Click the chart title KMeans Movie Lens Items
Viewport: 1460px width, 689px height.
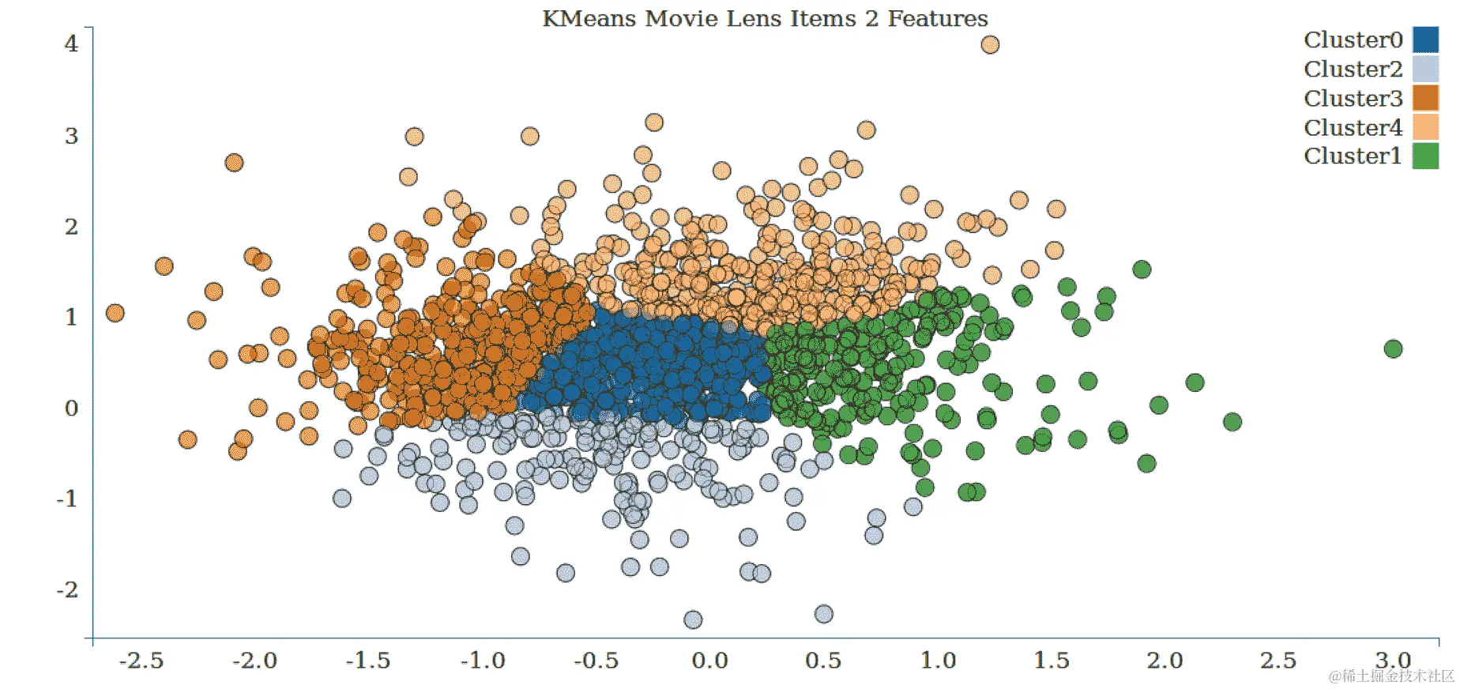click(764, 18)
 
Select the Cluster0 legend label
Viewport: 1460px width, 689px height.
click(1353, 40)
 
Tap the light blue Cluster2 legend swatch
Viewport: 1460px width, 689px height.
click(1425, 69)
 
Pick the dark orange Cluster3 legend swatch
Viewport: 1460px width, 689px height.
click(1425, 98)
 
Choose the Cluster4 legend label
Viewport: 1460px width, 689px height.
click(1353, 127)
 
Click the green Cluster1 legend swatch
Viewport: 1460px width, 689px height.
click(1425, 156)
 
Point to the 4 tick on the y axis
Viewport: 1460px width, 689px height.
click(72, 43)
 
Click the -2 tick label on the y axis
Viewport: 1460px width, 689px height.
click(67, 589)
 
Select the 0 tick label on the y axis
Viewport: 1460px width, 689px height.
click(72, 408)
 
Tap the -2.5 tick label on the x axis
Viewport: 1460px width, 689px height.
click(141, 661)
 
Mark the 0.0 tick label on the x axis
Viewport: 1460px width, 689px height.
click(709, 661)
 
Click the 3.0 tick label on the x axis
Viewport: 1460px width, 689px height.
click(1393, 661)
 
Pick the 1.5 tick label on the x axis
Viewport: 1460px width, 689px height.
click(1052, 661)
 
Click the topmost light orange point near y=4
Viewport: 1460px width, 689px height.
click(990, 44)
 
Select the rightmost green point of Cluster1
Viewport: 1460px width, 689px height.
click(1393, 348)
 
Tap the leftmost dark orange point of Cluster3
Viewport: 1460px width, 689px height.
click(115, 313)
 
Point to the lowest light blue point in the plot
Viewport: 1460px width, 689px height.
click(693, 619)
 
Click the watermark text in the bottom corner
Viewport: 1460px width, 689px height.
click(1391, 676)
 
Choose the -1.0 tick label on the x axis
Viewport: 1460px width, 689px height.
click(483, 661)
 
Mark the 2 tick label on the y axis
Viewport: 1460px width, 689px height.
click(72, 227)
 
